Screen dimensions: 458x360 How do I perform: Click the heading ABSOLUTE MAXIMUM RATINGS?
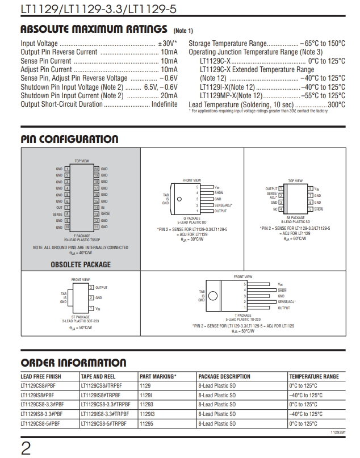tap(95, 29)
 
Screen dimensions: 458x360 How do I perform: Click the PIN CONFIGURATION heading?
tap(69, 139)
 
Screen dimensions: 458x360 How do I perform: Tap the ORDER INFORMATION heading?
tap(73, 363)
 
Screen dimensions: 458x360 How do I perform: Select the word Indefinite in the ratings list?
tap(164, 104)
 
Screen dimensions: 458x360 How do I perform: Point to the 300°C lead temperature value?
tap(336, 104)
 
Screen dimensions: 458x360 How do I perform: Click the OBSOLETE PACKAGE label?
tap(81, 264)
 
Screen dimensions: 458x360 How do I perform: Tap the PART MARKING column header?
tap(158, 376)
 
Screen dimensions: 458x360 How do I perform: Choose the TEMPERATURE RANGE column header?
tap(313, 376)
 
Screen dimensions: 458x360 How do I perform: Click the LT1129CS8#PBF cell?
tap(37, 386)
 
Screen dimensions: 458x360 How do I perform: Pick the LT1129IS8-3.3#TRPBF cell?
tap(106, 414)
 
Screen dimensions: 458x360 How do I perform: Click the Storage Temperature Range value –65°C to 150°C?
tap(322, 44)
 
